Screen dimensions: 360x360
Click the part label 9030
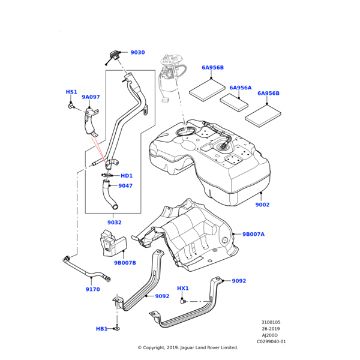137,53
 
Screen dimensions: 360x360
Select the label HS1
71,92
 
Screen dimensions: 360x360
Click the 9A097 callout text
91,97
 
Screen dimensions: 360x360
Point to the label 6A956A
241,88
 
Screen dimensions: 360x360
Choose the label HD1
127,176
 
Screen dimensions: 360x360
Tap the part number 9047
125,186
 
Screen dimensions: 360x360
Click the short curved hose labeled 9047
107,194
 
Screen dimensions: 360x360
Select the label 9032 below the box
115,223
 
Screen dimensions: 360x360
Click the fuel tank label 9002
262,205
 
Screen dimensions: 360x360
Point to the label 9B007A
253,235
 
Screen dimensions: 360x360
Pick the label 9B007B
125,263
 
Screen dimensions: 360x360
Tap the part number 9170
92,290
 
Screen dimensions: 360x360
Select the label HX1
183,289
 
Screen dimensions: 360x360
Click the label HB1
102,329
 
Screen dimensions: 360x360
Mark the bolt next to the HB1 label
117,328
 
